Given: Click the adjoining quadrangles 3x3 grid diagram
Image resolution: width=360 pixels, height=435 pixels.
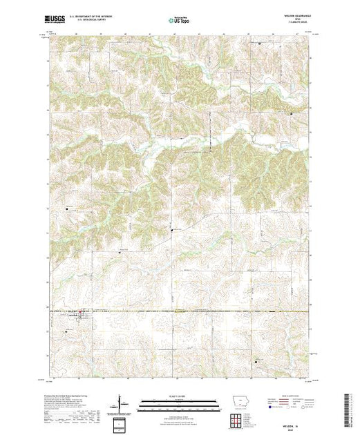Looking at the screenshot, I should [x=236, y=420].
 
